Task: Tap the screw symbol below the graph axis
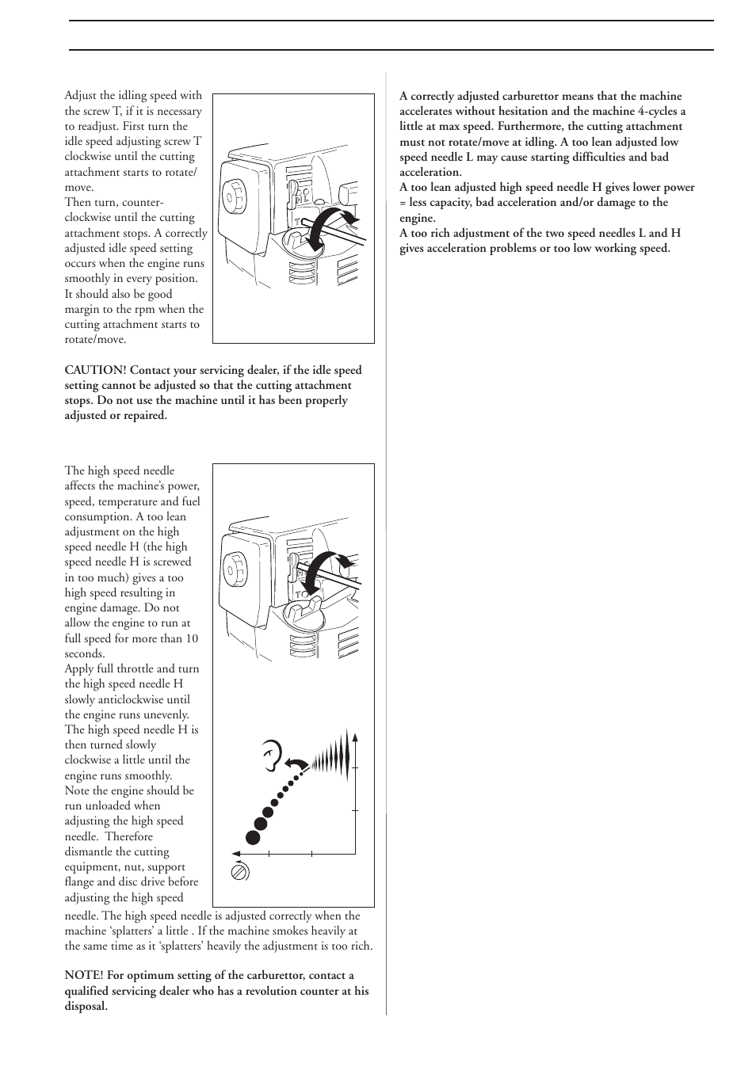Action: (x=239, y=871)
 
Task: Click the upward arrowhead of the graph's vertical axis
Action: (x=355, y=739)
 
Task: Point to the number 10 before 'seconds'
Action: (x=191, y=638)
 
